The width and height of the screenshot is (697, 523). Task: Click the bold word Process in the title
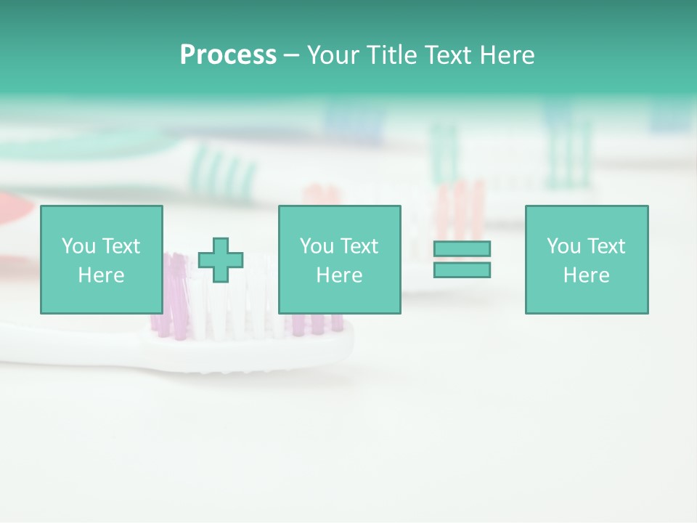click(228, 55)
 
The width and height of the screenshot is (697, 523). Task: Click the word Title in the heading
click(391, 55)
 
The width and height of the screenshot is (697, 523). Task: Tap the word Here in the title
click(506, 55)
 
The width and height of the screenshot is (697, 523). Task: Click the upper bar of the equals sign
click(462, 248)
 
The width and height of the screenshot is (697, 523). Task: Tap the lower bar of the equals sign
click(462, 269)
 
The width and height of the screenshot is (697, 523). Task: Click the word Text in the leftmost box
click(121, 246)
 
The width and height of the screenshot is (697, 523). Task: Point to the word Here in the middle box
click(340, 275)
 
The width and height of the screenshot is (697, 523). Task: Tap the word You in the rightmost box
click(563, 246)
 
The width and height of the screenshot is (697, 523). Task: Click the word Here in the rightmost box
click(587, 275)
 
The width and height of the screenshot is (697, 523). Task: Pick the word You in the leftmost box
click(78, 246)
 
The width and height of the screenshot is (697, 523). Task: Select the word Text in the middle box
click(359, 246)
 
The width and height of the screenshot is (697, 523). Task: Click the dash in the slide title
click(291, 56)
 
